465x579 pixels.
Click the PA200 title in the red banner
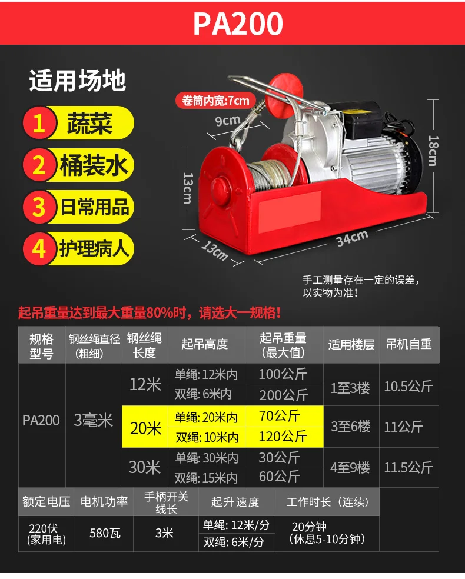[x=238, y=24]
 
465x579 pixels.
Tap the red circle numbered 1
[x=39, y=122]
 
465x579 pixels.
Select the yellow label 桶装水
[x=94, y=165]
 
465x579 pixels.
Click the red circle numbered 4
[x=39, y=248]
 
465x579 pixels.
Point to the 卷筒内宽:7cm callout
[x=215, y=101]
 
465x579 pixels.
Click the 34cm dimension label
[x=352, y=238]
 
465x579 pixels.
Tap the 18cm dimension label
[x=433, y=151]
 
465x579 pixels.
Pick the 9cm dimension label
[x=228, y=121]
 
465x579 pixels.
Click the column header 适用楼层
[x=351, y=345]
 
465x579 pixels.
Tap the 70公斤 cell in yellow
[x=279, y=416]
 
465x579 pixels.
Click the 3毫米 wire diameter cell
[x=93, y=421]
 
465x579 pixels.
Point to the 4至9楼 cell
[x=350, y=467]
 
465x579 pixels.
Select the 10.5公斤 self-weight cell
[x=408, y=386]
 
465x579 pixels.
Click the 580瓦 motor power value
[x=105, y=533]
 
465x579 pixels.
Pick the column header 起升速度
[x=235, y=502]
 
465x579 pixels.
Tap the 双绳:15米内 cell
[x=206, y=478]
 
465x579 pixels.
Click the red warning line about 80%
[x=150, y=313]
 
